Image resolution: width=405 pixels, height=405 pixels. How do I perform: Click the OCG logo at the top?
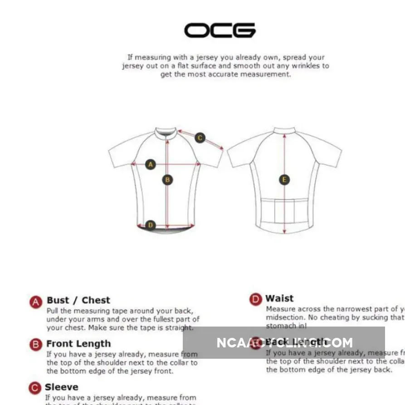(x=220, y=30)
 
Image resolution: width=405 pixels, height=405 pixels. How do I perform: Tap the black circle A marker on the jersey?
(x=151, y=165)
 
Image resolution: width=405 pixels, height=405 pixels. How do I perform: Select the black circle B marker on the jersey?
(x=167, y=180)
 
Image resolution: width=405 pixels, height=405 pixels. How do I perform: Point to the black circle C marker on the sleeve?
(x=200, y=138)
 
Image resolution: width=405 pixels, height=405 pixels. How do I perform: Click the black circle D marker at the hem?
(x=151, y=225)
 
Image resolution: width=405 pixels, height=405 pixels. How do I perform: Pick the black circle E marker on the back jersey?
(x=284, y=180)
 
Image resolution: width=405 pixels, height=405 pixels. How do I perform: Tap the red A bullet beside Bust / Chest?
(x=36, y=302)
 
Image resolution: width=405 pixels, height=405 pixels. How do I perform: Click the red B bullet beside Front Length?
(x=36, y=345)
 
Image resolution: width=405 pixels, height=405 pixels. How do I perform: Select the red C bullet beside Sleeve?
(x=35, y=388)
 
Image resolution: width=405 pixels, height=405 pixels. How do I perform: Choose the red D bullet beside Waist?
(x=256, y=299)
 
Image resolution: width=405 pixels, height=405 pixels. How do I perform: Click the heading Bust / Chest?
(x=78, y=300)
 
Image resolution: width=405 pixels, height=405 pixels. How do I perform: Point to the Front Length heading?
(x=78, y=344)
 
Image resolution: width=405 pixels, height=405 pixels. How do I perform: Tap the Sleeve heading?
(x=62, y=387)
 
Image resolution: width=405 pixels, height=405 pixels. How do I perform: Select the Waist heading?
(x=279, y=298)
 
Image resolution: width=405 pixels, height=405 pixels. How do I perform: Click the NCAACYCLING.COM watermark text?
(x=284, y=342)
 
